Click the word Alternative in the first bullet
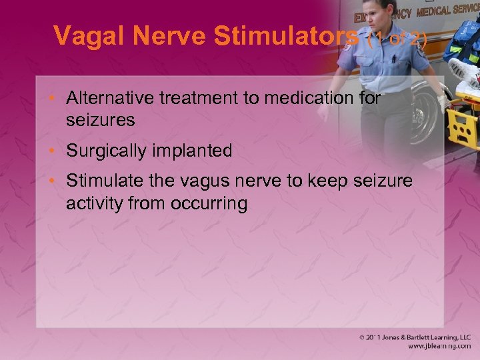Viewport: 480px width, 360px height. [x=109, y=99]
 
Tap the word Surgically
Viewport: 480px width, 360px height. [x=107, y=151]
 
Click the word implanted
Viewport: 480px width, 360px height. [x=193, y=151]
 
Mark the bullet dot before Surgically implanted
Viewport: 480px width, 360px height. [x=56, y=151]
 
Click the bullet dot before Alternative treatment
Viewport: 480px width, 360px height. [x=56, y=99]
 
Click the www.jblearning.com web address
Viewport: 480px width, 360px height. [x=439, y=347]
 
